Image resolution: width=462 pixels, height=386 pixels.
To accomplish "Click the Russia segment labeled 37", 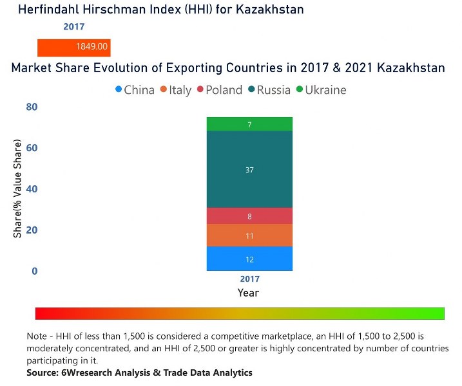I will tap(249, 170).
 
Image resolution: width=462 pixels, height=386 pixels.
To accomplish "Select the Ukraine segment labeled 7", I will tap(249, 124).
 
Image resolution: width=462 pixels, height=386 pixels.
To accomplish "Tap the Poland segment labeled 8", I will tap(249, 216).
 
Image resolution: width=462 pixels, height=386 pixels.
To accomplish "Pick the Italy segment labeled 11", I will tap(249, 235).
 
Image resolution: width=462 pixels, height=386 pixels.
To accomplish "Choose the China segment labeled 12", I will tap(249, 259).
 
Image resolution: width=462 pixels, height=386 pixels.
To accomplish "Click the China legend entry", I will tap(135, 90).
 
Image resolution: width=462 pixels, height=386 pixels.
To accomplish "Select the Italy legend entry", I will tap(175, 90).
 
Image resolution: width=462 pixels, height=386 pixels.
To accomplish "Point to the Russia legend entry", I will tap(269, 90).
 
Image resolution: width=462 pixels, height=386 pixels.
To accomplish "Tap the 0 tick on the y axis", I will tap(34, 271).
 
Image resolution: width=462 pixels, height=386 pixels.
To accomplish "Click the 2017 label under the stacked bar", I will tap(249, 279).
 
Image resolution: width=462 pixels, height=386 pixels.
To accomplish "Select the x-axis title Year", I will tap(248, 293).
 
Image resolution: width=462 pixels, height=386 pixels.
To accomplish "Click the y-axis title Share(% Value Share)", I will tap(17, 189).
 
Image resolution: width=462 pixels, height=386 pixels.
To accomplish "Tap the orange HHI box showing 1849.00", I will tap(74, 47).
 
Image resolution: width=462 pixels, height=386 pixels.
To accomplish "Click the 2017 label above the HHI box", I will tap(73, 27).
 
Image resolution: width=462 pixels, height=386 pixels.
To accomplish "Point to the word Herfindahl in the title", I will tap(51, 9).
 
